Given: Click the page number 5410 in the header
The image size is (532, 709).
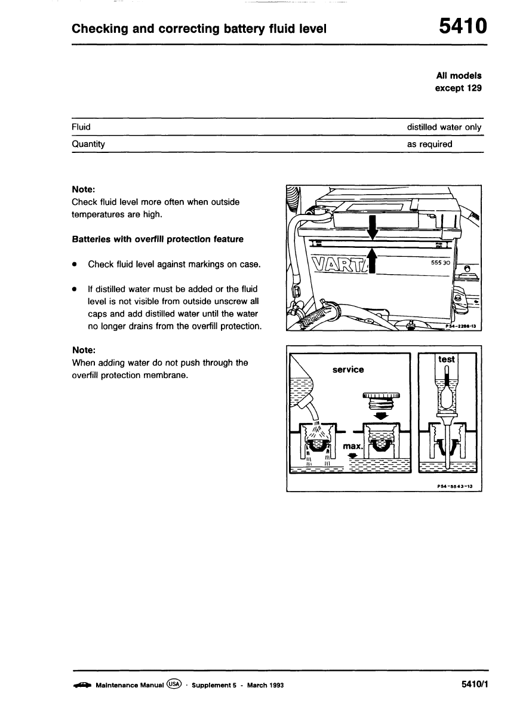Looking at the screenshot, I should [463, 27].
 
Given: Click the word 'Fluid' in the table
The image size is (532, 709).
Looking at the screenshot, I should [81, 127].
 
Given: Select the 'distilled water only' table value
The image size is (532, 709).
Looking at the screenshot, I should [444, 127].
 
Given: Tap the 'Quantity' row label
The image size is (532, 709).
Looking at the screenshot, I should [88, 144].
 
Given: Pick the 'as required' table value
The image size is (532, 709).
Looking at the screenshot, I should [430, 144].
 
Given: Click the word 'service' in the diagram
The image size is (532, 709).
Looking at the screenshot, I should [348, 370].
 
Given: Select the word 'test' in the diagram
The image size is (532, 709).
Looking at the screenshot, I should [446, 359].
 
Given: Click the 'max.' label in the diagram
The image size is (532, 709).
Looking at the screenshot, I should [354, 447].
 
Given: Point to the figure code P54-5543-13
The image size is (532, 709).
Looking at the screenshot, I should [454, 486].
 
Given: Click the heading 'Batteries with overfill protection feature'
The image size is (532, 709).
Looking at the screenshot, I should [158, 239].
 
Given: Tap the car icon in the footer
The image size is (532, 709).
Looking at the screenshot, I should [82, 685].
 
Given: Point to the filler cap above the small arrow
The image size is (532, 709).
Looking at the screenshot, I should [380, 400].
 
